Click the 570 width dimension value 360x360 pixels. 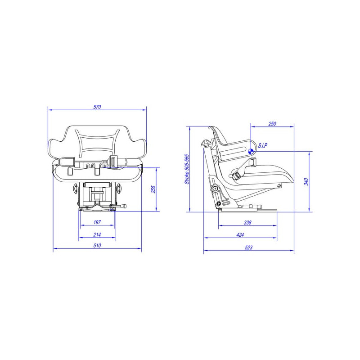(97, 107)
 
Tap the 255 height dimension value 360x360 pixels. (153, 189)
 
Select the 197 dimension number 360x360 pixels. (97, 222)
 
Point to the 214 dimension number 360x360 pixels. (97, 234)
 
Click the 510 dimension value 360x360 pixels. (97, 245)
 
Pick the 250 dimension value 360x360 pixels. (272, 124)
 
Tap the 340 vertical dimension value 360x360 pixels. (306, 182)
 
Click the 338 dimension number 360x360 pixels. (247, 222)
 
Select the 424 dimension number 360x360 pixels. (240, 235)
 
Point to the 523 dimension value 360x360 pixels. (249, 247)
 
